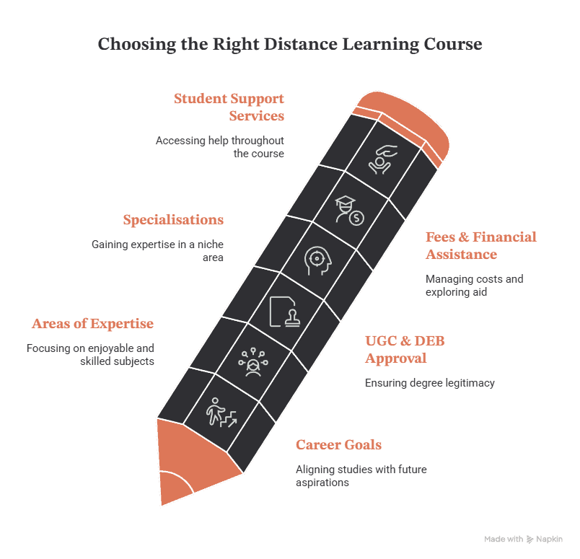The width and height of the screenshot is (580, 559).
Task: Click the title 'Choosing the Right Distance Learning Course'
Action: [x=290, y=44]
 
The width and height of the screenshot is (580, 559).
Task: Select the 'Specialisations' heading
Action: [x=173, y=219]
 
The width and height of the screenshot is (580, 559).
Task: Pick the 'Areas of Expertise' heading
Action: [x=92, y=323]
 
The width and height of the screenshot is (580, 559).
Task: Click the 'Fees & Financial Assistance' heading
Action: [x=481, y=245]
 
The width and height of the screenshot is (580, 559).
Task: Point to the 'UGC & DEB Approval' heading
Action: [x=405, y=349]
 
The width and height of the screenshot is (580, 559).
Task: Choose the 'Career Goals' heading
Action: [x=338, y=444]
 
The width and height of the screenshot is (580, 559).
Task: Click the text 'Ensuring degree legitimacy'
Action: [x=430, y=383]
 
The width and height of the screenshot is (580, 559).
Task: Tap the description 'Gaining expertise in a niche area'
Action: [x=157, y=251]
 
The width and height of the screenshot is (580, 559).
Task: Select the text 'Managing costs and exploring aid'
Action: [x=474, y=285]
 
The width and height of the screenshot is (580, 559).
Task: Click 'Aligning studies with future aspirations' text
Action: [x=361, y=476]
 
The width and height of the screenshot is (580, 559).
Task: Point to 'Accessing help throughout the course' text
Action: [x=220, y=147]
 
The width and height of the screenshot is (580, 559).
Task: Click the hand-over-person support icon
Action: [x=382, y=159]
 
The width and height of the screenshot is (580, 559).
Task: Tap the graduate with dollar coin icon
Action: [x=350, y=211]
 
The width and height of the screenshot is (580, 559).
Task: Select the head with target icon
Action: [x=317, y=261]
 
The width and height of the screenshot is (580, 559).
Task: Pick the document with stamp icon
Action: [x=284, y=312]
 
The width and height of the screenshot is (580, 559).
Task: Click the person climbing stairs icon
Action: [x=221, y=413]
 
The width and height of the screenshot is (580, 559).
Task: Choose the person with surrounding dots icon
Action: [x=253, y=362]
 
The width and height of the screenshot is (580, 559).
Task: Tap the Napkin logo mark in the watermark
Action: [x=530, y=539]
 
